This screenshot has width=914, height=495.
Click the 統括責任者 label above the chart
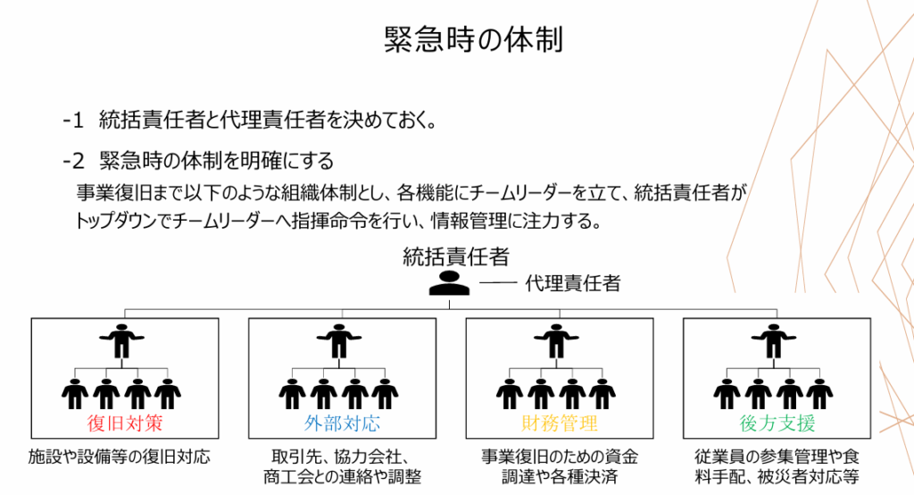point(456,257)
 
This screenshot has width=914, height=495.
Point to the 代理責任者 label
point(573,284)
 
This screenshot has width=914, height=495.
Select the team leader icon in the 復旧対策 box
point(121,340)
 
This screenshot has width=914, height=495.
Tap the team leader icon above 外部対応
point(339,340)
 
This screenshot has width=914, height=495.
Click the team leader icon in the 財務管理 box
point(557,340)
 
